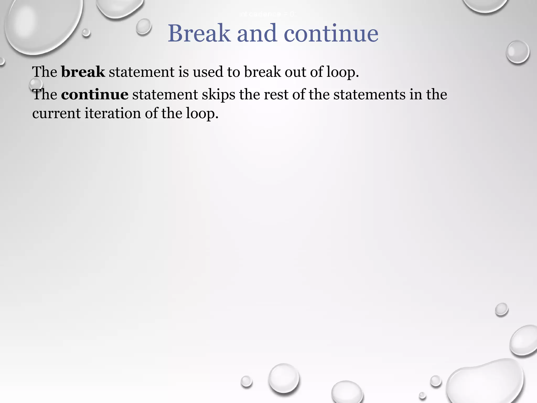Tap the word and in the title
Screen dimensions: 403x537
(257, 33)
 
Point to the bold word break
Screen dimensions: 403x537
(83, 72)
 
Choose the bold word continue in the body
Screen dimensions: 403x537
(95, 94)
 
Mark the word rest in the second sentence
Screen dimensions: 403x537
(276, 94)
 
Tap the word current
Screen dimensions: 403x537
(56, 113)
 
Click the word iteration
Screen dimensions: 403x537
(113, 113)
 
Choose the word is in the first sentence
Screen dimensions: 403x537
(184, 72)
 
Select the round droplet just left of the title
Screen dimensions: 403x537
(144, 26)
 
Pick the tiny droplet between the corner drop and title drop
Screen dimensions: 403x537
(86, 33)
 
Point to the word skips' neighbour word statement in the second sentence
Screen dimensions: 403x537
(165, 94)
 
